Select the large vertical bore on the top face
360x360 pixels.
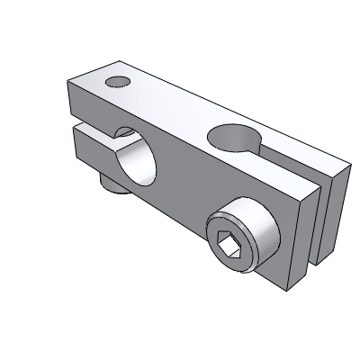pos(231,138)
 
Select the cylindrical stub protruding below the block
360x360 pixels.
pos(112,184)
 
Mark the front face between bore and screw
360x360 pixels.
pos(184,198)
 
